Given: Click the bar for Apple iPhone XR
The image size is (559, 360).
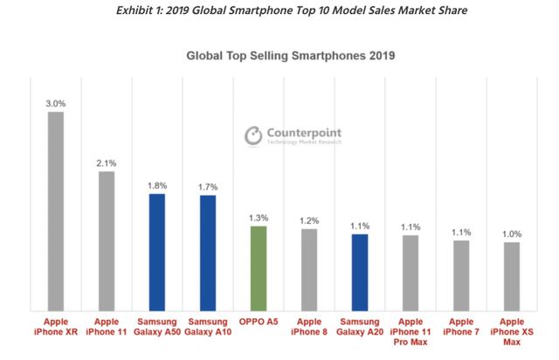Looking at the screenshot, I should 55,210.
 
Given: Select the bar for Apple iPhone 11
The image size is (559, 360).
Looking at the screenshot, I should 106,239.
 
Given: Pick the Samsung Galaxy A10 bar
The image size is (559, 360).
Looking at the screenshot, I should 207,252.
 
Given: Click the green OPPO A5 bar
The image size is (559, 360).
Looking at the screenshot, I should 258,267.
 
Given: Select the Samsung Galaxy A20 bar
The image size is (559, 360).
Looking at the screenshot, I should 360,272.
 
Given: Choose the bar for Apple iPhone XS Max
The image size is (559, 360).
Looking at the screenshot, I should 512,275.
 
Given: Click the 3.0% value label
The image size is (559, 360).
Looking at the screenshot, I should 54,103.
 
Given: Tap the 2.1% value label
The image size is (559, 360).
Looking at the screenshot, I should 106,162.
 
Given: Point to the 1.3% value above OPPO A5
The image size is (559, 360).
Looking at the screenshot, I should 258,217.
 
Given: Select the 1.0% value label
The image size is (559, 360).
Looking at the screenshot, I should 512,233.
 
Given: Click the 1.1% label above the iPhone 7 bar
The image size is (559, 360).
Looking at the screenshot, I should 461,232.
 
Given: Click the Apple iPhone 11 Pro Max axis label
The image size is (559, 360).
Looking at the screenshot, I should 411,333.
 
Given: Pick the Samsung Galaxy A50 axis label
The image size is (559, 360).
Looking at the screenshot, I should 156,327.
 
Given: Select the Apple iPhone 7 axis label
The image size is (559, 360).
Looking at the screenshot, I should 461,327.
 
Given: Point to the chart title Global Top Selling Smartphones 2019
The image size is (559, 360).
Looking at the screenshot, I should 291,57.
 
